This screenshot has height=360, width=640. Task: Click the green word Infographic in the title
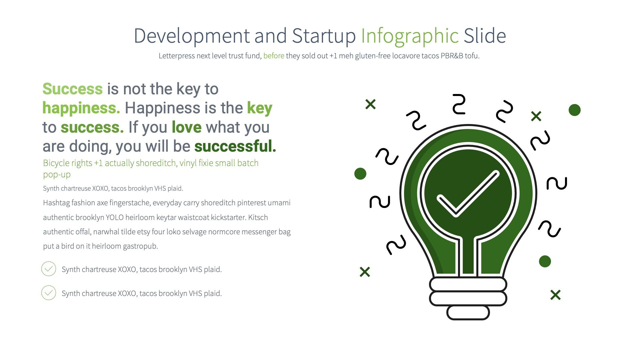(410, 36)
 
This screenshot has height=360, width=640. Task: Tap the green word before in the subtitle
(274, 56)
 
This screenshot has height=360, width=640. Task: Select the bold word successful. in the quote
(235, 146)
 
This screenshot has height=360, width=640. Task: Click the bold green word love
(186, 127)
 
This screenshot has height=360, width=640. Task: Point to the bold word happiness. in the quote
(81, 108)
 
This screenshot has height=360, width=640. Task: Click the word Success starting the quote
(72, 89)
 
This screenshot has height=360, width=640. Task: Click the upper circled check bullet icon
(49, 269)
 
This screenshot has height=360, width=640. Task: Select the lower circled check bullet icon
(49, 293)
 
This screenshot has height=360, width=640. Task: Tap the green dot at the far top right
(574, 110)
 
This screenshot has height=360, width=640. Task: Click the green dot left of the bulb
(360, 174)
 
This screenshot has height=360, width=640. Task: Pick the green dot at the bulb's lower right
(545, 261)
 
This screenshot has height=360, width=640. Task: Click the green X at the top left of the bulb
(370, 104)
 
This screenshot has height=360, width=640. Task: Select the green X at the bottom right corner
(555, 295)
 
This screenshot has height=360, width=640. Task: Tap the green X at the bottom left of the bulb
(365, 272)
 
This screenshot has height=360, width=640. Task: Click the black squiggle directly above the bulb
(459, 104)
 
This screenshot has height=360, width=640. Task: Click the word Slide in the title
(485, 36)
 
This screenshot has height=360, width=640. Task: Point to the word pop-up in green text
(57, 174)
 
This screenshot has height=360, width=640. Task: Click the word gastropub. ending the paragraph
(140, 246)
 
